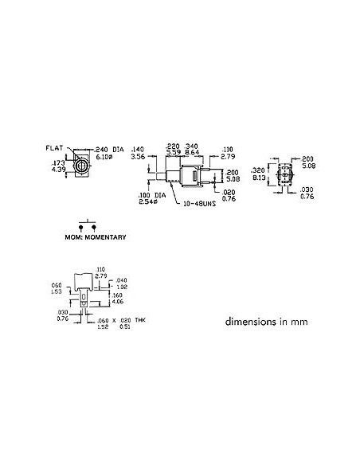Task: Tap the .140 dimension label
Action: pyautogui.click(x=138, y=150)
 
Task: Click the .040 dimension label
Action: pyautogui.click(x=121, y=280)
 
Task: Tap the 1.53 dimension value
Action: pyautogui.click(x=56, y=291)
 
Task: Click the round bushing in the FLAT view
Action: pyautogui.click(x=80, y=166)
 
